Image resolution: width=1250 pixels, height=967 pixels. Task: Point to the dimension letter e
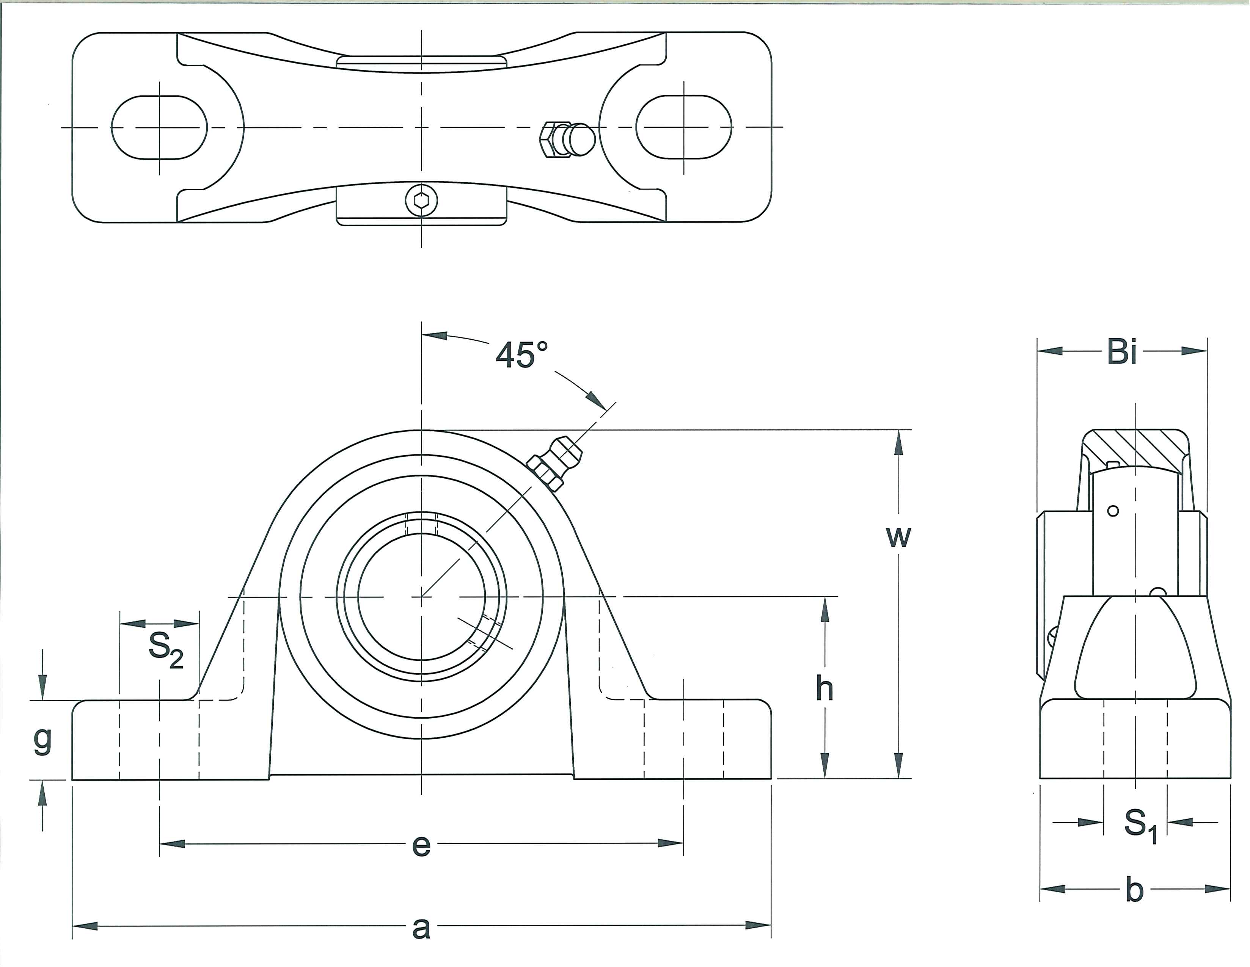421,845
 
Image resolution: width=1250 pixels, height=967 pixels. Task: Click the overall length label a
421,928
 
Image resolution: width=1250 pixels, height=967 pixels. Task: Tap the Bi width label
1122,351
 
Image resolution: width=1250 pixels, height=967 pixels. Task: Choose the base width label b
1134,890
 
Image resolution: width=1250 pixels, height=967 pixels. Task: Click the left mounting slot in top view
159,127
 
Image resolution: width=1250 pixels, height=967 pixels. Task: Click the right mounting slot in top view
684,127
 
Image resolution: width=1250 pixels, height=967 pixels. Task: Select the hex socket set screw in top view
422,200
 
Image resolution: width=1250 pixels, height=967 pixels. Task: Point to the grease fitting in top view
567,139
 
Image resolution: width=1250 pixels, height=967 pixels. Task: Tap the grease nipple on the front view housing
555,462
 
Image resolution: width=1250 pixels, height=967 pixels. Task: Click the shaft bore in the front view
422,597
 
